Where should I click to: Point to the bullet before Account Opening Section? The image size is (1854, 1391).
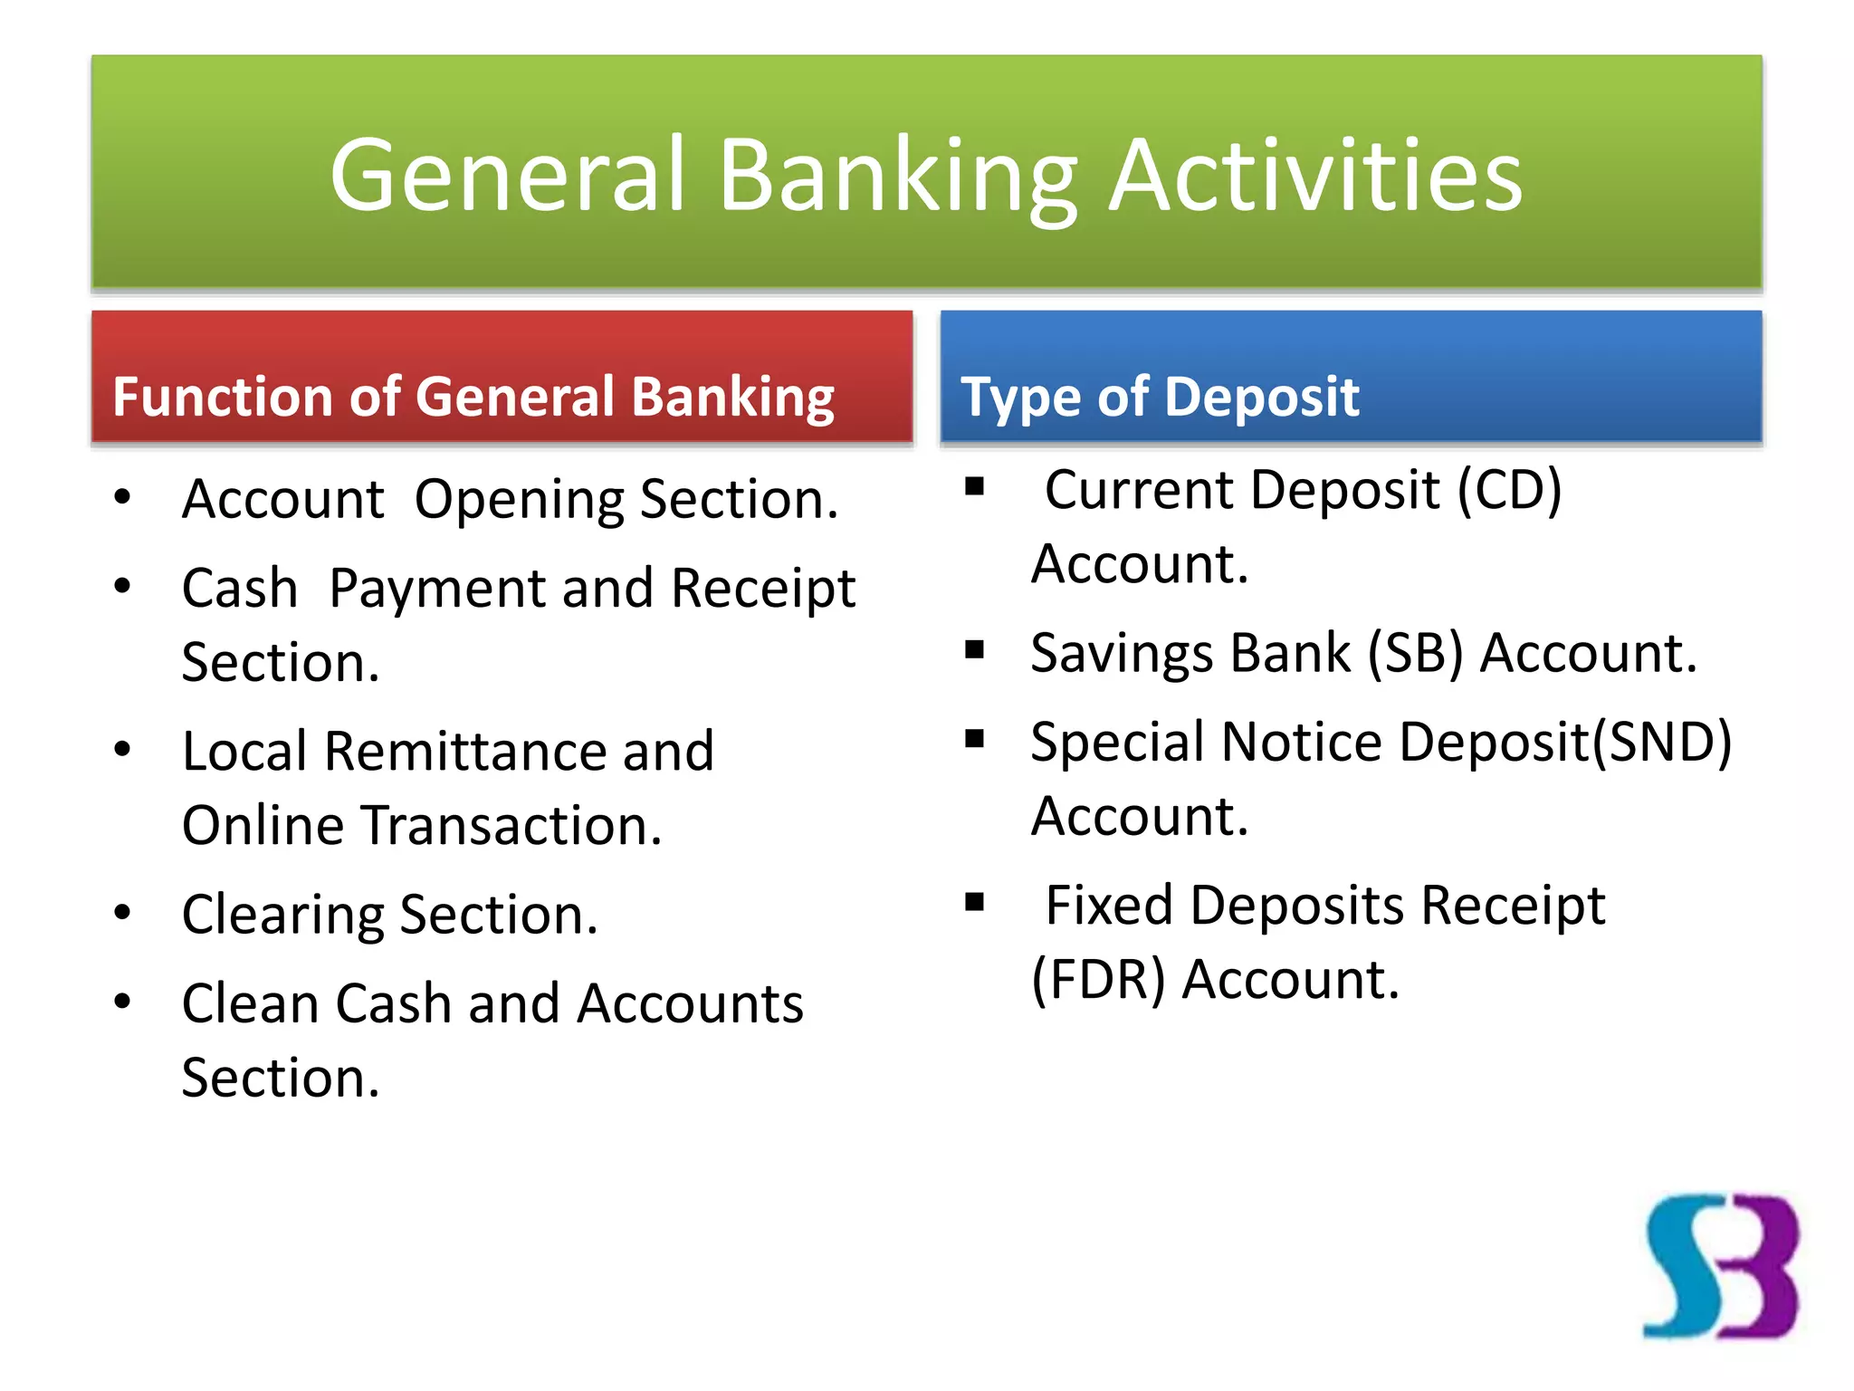pyautogui.click(x=123, y=497)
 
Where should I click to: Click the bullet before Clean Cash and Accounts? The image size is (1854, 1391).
pyautogui.click(x=123, y=1002)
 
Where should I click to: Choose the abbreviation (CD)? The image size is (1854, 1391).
pyautogui.click(x=1509, y=491)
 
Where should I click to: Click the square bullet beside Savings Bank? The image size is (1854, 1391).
pyautogui.click(x=975, y=649)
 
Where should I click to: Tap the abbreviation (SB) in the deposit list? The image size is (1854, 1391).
pyautogui.click(x=1415, y=653)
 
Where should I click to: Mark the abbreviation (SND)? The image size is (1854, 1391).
pyautogui.click(x=1662, y=743)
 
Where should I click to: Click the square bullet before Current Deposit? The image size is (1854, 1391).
pyautogui.click(x=975, y=487)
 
